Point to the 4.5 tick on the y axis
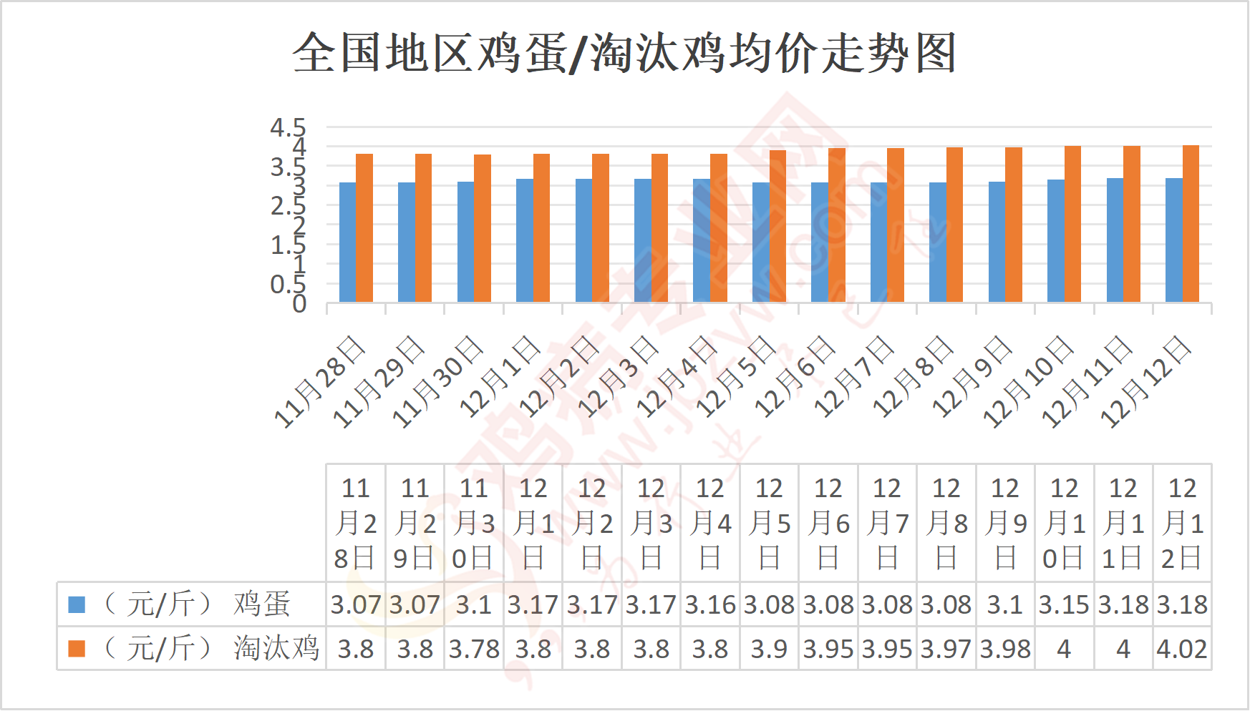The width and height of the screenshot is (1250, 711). coord(288,128)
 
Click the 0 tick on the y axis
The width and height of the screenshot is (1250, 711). coord(299,304)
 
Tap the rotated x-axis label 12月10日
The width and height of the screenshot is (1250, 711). coord(1028,383)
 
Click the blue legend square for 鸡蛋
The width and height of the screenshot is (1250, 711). coord(77,604)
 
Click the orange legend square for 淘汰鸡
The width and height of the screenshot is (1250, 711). coord(77,649)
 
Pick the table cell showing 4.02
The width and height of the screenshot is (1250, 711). coord(1182,649)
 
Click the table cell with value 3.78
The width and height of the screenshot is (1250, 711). coord(474,649)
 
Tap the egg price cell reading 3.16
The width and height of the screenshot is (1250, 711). coord(710,604)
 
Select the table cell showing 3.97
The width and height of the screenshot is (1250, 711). coord(946,649)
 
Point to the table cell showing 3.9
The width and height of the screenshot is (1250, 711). coord(769,649)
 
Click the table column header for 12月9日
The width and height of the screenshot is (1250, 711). coord(1005,523)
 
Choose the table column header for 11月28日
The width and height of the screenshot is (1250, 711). coord(356,523)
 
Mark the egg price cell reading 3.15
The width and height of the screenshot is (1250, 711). coord(1064,604)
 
